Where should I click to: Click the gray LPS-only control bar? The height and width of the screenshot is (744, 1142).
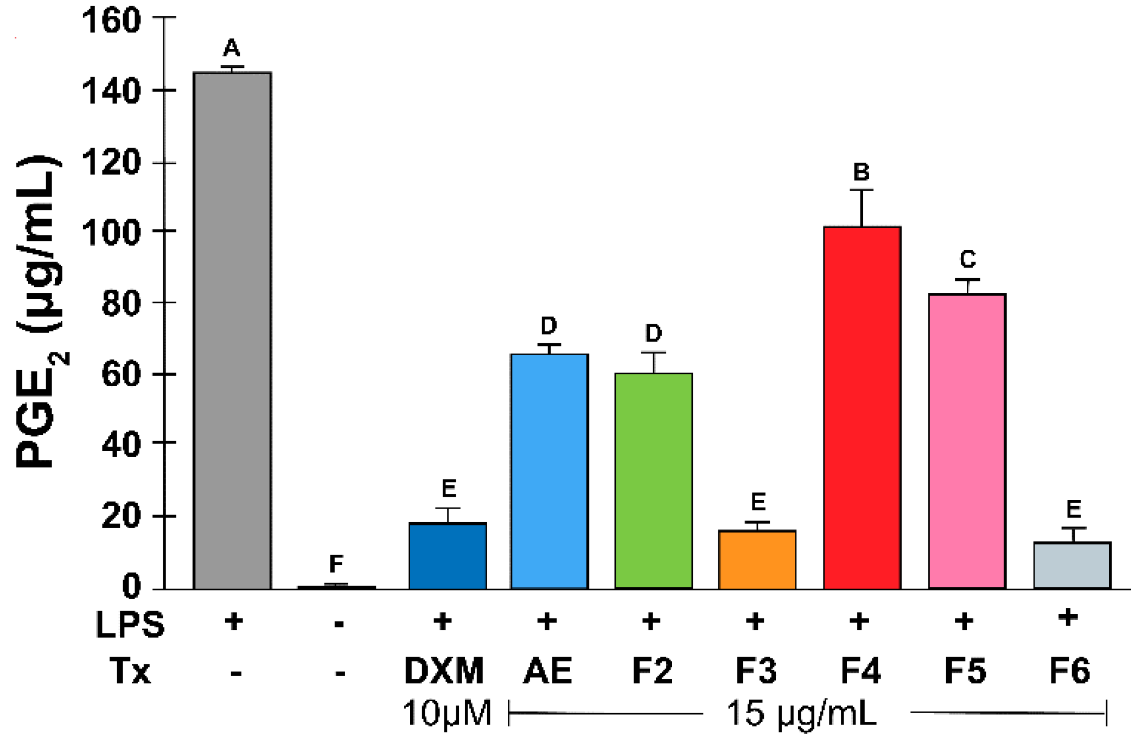click(x=232, y=331)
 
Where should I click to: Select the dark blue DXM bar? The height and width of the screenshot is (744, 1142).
click(x=448, y=556)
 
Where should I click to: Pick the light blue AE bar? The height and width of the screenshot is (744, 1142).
click(x=549, y=472)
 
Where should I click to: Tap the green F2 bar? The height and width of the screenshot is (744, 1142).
click(x=653, y=481)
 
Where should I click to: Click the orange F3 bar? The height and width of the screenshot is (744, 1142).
click(x=757, y=560)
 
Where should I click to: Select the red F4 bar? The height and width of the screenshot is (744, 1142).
click(x=862, y=408)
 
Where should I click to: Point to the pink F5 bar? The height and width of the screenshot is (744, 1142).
click(x=967, y=441)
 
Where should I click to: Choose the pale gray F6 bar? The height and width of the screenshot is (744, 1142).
click(x=1072, y=566)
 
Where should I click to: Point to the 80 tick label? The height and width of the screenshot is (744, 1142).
click(x=121, y=304)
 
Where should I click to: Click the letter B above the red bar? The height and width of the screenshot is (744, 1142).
click(x=862, y=172)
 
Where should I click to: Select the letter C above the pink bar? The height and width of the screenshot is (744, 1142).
click(x=968, y=259)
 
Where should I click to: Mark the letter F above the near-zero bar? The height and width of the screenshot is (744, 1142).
click(x=336, y=564)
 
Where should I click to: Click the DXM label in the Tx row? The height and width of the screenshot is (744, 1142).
click(x=444, y=671)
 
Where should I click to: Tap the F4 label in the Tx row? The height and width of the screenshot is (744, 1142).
click(x=860, y=671)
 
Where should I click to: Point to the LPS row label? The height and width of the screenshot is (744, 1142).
click(x=130, y=624)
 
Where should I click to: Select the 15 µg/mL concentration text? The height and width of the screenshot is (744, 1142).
click(x=801, y=714)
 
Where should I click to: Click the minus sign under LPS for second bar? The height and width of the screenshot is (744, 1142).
click(x=339, y=624)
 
